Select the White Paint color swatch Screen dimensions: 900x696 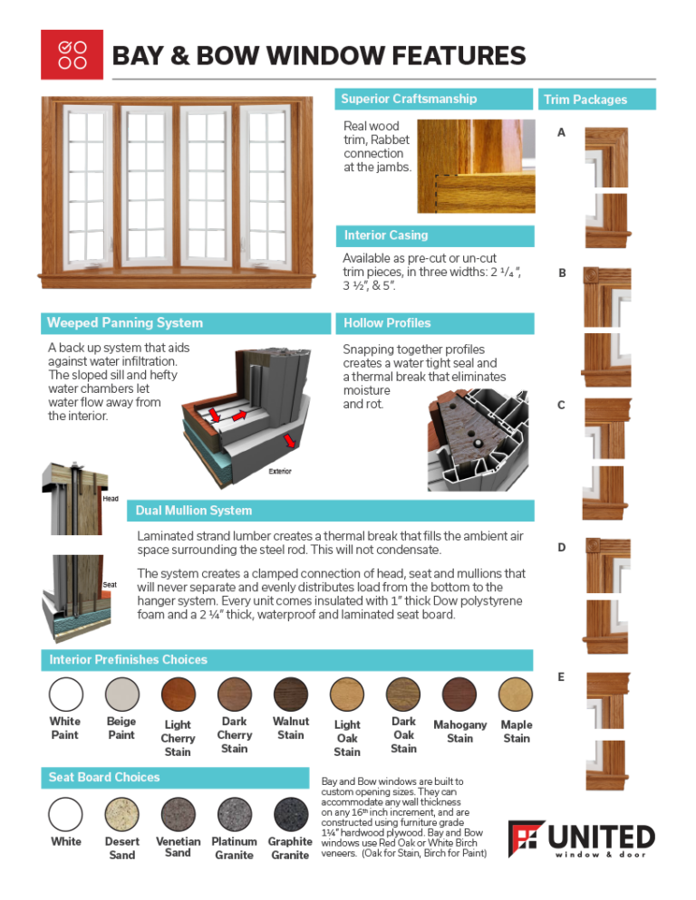point(65,694)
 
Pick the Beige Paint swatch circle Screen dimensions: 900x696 point(121,694)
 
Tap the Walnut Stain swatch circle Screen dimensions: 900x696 point(290,694)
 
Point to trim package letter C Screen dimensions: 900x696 point(562,405)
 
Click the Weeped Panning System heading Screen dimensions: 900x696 point(125,322)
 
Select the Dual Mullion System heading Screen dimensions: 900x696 point(194,510)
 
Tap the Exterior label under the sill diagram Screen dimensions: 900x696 point(280,472)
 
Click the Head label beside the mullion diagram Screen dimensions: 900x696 point(110,499)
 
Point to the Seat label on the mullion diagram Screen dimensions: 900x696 point(109,584)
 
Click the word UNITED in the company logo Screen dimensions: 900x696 point(601,836)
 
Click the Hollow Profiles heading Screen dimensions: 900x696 point(387,322)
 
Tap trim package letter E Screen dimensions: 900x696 point(562,676)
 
